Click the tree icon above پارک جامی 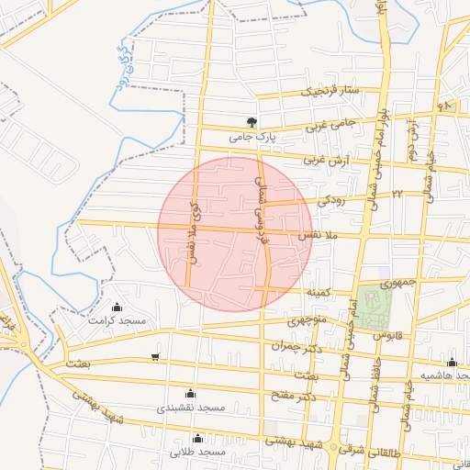[x=252, y=121]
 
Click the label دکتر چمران [x=291, y=346]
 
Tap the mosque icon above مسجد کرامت [x=116, y=308]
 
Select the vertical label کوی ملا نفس [x=194, y=235]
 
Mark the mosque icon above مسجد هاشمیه [x=451, y=362]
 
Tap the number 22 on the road [x=398, y=194]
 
